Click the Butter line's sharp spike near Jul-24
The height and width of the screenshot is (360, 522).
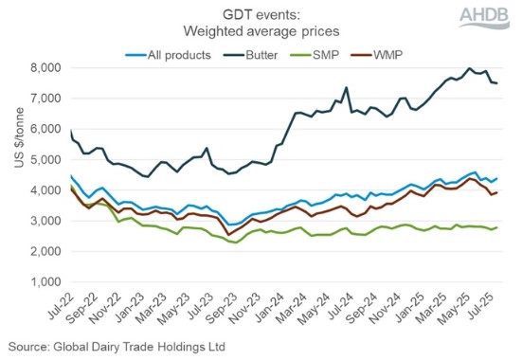tap(347, 88)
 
